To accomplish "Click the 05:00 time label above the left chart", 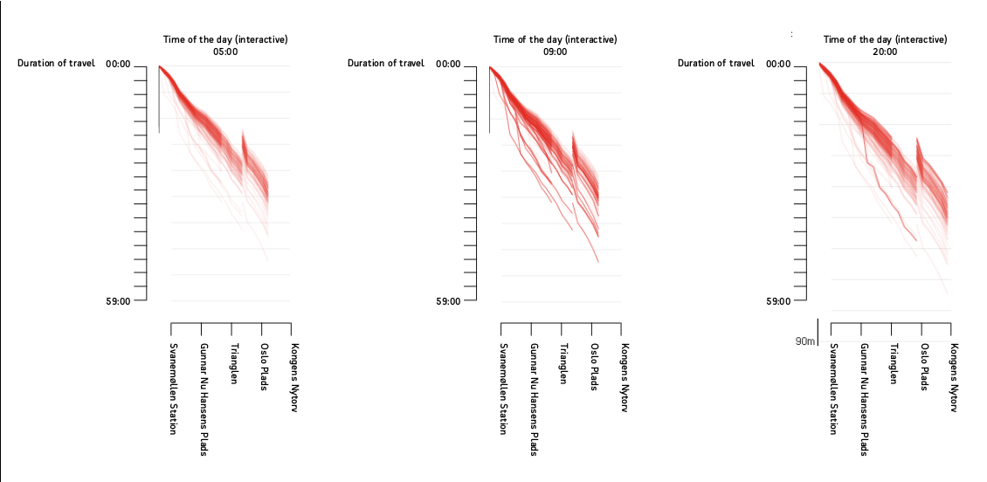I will click(x=225, y=52).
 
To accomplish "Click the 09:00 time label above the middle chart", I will click(x=556, y=52).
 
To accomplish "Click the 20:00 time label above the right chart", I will click(x=885, y=52).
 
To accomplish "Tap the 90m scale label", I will click(x=804, y=340).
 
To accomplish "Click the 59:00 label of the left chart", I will click(x=119, y=301).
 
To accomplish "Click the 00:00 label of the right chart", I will click(x=778, y=64).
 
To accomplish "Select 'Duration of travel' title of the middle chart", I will click(x=385, y=63).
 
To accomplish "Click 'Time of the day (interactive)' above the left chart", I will click(x=225, y=39).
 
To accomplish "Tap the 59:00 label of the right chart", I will click(x=778, y=301).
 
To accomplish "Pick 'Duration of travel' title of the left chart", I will click(x=56, y=63).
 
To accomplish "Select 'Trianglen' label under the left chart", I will click(x=234, y=363).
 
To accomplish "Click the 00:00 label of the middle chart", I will click(x=449, y=64).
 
